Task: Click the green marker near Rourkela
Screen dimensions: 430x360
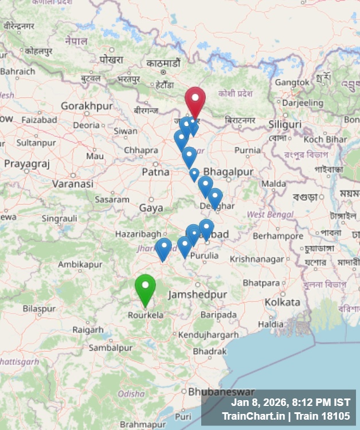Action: (x=145, y=288)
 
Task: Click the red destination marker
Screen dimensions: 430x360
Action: (x=195, y=101)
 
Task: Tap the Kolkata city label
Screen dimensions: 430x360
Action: (x=282, y=302)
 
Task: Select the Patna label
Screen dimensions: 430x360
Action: (x=155, y=172)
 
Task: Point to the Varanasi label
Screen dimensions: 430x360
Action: (x=72, y=184)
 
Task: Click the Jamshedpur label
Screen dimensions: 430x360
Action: (x=198, y=295)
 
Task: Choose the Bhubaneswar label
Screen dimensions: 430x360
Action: (x=221, y=392)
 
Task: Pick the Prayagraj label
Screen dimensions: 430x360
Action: (x=27, y=164)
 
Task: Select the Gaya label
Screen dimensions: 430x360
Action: (x=151, y=208)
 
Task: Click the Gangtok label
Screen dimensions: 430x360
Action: (x=292, y=83)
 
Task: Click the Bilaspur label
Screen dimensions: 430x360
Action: (x=40, y=308)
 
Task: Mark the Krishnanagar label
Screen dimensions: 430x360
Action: (x=257, y=259)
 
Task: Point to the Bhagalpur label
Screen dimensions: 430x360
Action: (x=228, y=172)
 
